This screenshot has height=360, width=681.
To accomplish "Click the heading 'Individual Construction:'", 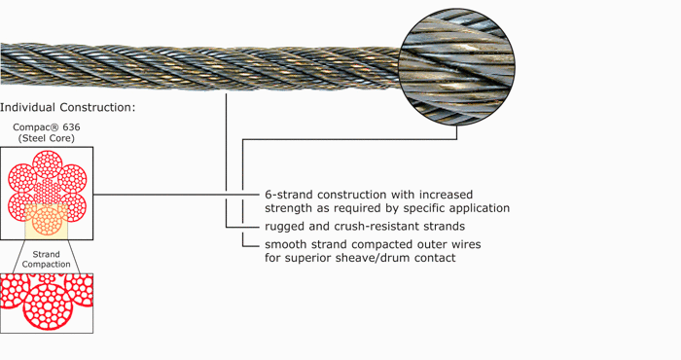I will click(68, 106).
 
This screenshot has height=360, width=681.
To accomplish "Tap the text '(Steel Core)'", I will click(47, 138).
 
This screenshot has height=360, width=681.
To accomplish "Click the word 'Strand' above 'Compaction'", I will click(47, 254).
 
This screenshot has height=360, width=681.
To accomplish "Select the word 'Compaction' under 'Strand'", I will click(47, 265).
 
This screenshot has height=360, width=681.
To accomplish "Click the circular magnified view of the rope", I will click(456, 66).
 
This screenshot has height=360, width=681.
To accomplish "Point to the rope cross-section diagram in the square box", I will click(47, 193).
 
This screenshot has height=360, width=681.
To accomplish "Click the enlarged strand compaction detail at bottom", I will click(47, 304).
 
